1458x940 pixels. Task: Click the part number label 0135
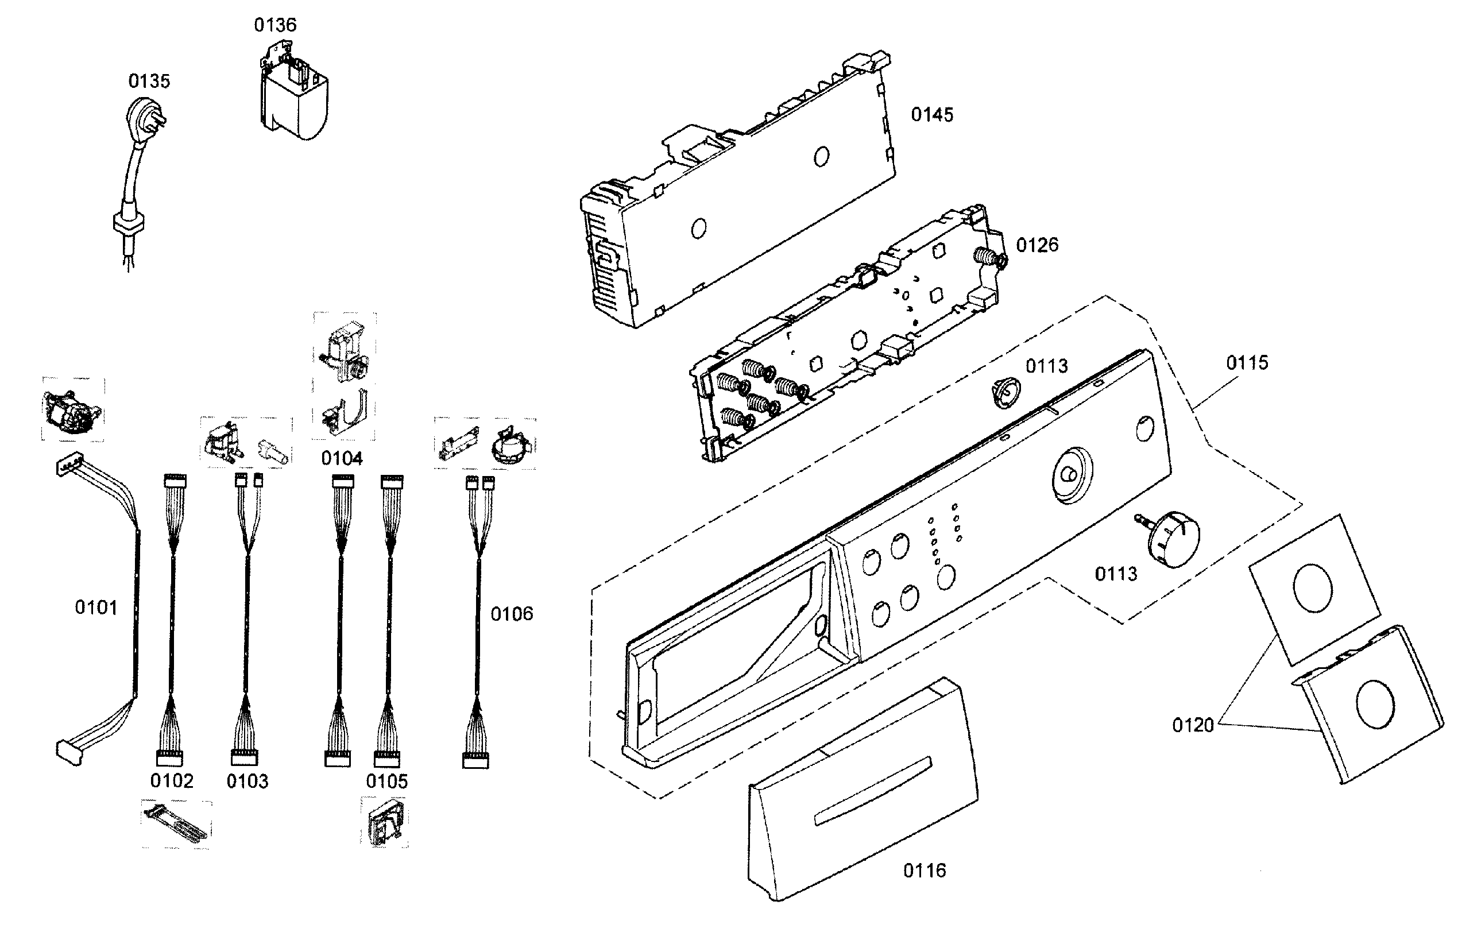coord(149,81)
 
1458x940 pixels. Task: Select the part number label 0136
coord(275,25)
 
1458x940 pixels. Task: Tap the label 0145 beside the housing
coord(931,115)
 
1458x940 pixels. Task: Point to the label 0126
coord(1037,245)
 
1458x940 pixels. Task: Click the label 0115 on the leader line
coord(1247,362)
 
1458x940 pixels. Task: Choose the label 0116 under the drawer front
coord(924,871)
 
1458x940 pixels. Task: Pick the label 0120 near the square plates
coord(1193,725)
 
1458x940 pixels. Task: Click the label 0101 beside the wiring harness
coord(96,608)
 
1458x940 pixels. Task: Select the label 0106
coord(512,614)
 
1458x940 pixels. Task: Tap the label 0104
coord(342,458)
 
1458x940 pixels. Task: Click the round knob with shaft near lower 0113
coord(1172,539)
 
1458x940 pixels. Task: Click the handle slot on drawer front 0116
coord(873,791)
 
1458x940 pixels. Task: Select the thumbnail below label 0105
coord(385,822)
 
